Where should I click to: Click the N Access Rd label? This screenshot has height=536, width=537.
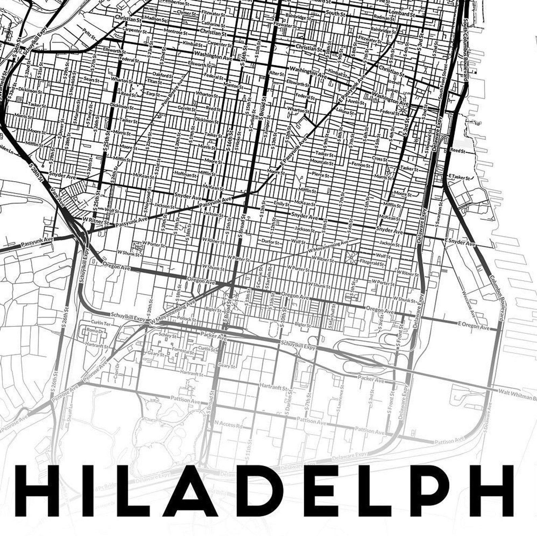[x=229, y=424]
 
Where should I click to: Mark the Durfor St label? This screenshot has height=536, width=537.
[x=270, y=242]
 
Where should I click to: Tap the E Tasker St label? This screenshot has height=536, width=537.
[x=459, y=177]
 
